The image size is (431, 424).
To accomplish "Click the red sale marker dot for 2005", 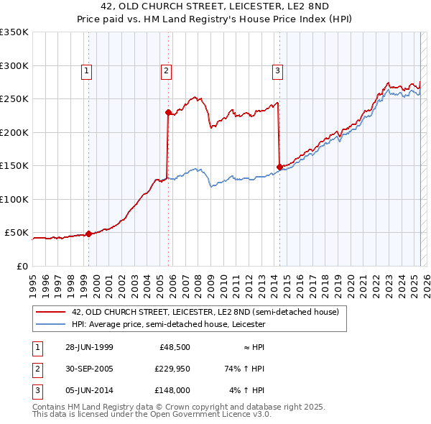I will (x=168, y=112).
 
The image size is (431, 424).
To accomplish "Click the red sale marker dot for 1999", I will (x=88, y=234).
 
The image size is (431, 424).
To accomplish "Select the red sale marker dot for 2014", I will (x=279, y=167).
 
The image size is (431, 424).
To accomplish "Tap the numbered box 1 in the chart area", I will (x=86, y=70).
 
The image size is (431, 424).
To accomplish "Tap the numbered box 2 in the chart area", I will (x=166, y=70).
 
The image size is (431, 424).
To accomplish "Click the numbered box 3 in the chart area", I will (x=277, y=70).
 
